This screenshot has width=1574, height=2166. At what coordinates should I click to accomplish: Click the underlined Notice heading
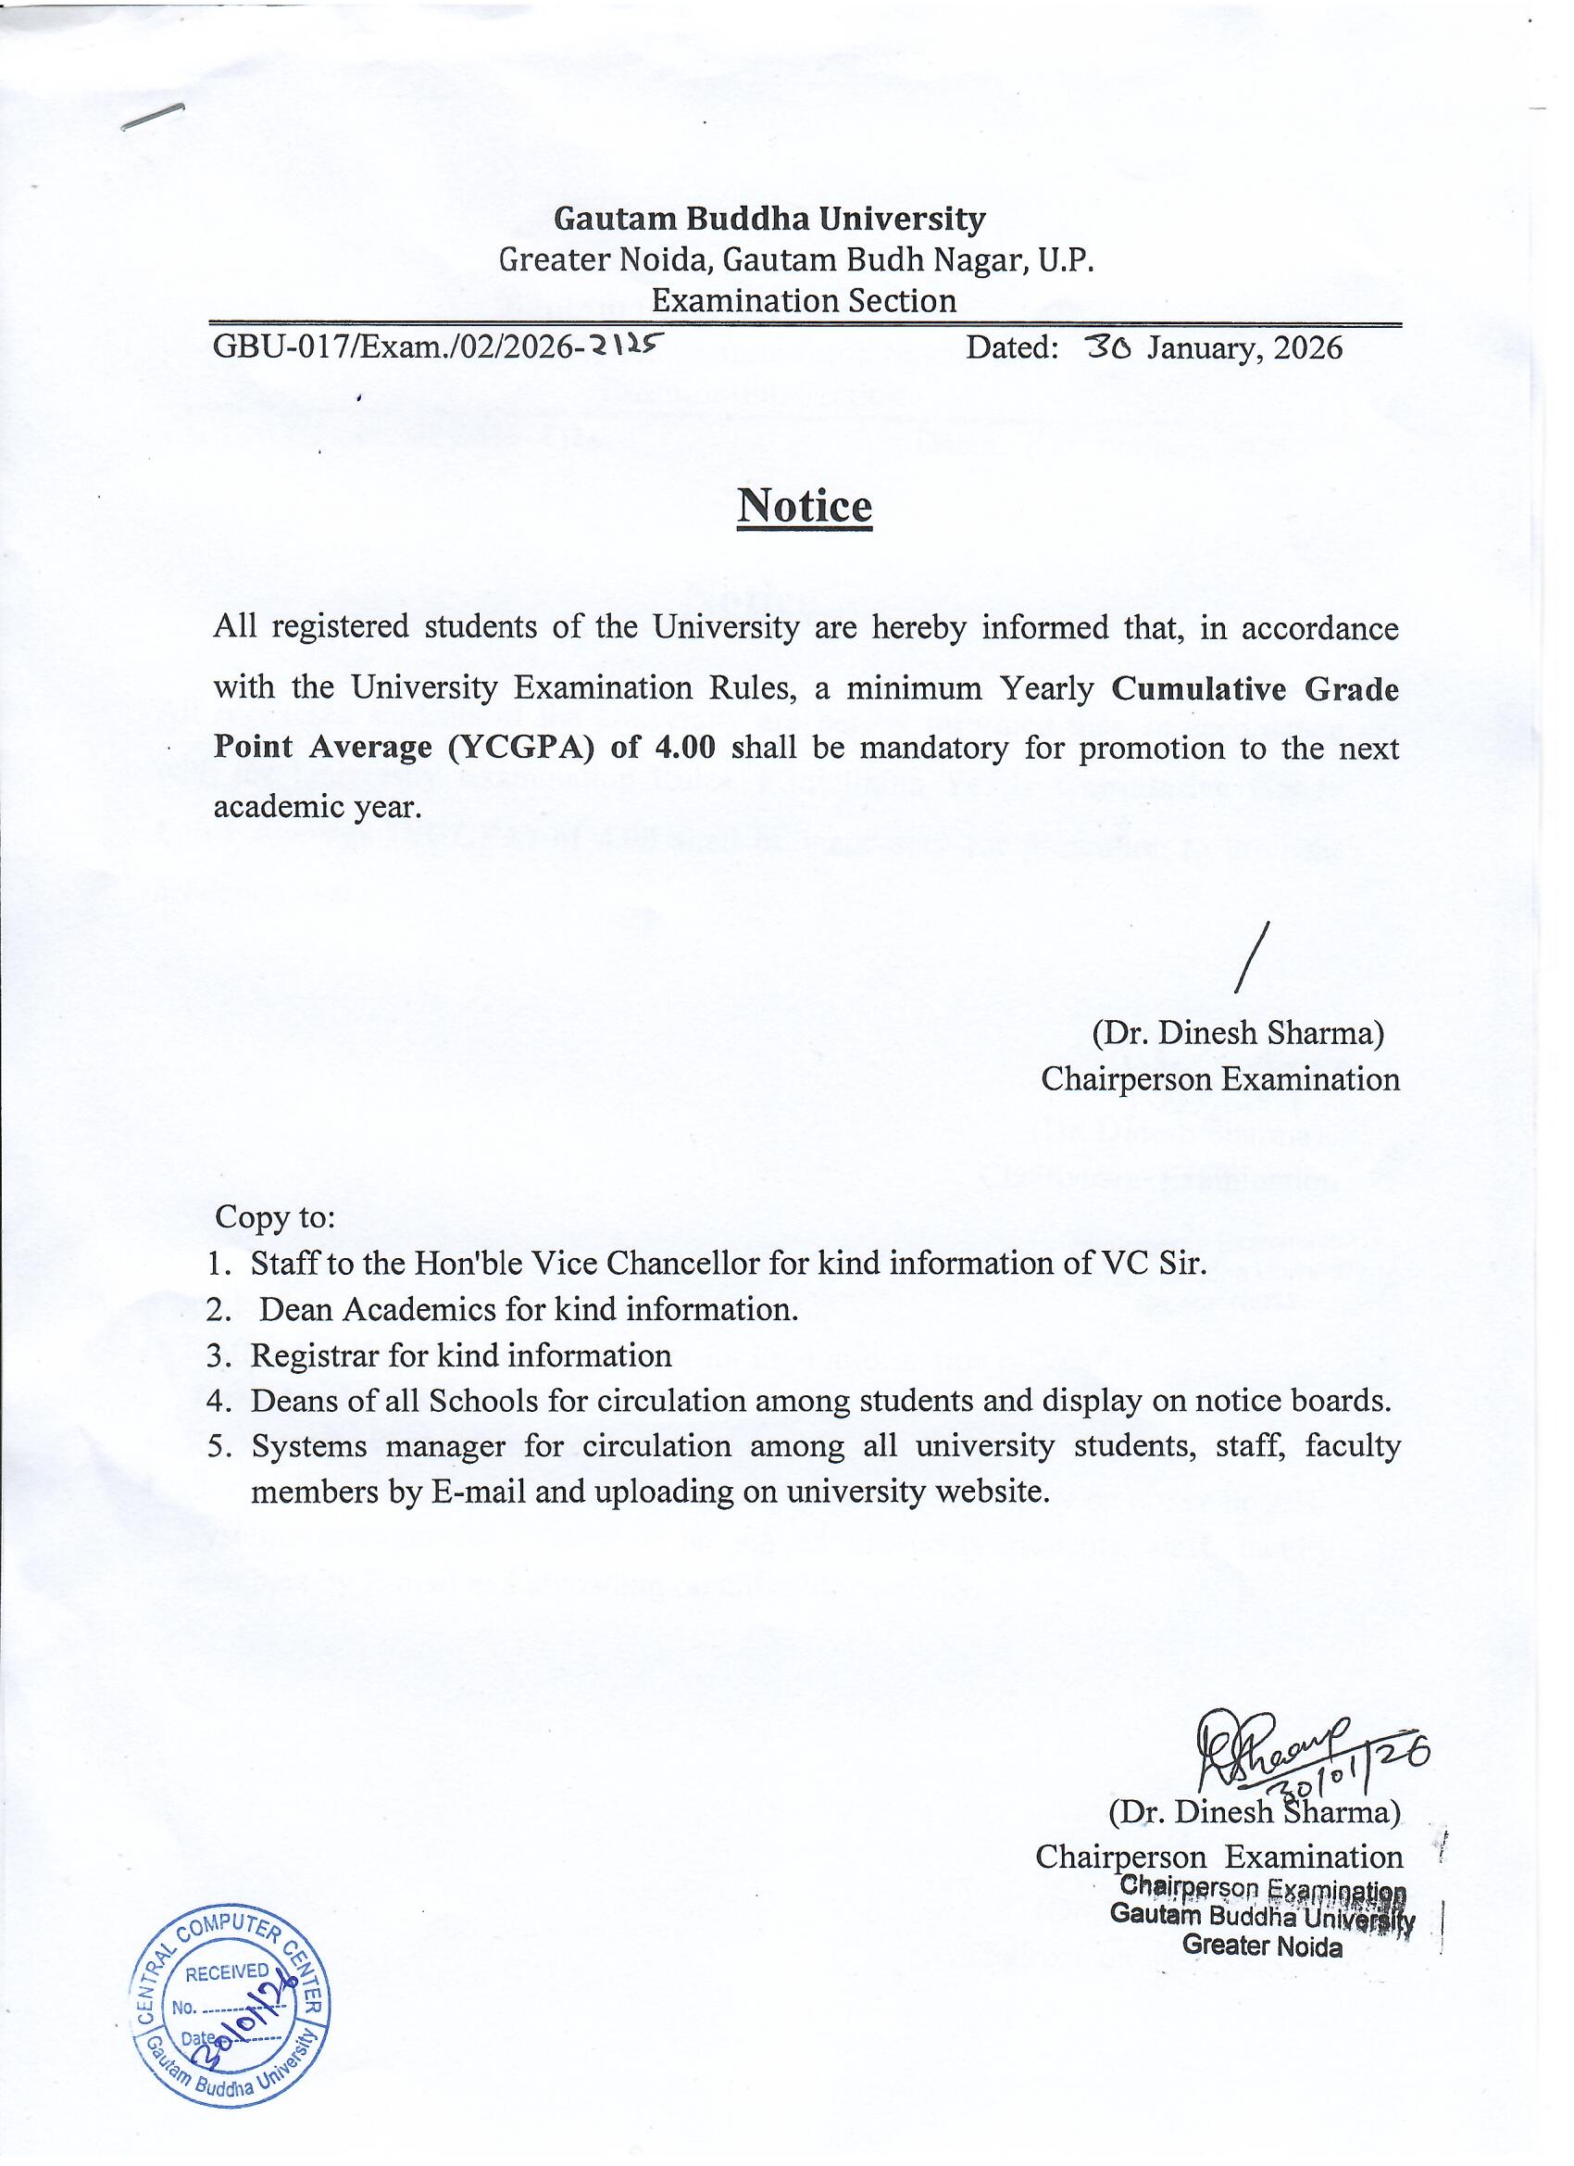tap(804, 506)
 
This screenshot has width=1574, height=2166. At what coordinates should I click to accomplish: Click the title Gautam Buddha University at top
tap(769, 220)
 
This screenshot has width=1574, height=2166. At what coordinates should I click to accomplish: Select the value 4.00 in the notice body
tap(684, 747)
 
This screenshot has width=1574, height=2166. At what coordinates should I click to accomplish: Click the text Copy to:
tap(275, 1217)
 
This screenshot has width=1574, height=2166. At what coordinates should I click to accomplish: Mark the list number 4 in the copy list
tap(217, 1402)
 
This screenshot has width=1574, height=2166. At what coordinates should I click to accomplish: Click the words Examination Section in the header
tap(804, 301)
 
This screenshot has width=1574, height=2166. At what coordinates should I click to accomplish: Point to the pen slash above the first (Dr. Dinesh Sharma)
tap(1252, 955)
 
